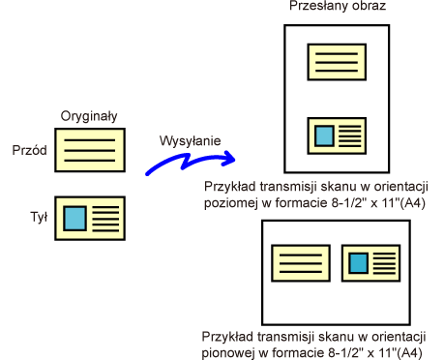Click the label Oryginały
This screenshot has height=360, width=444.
[89, 116]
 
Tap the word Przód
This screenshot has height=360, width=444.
[29, 150]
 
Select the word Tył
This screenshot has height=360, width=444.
[39, 217]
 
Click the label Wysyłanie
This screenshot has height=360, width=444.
[191, 141]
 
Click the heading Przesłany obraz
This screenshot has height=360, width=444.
[338, 6]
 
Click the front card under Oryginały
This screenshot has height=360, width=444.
[90, 150]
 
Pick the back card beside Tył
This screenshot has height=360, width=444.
[90, 219]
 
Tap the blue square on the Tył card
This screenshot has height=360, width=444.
[74, 219]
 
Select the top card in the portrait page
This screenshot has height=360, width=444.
[337, 62]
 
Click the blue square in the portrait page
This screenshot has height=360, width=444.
[324, 136]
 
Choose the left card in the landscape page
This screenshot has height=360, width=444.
[301, 263]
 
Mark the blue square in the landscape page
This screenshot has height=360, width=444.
[359, 263]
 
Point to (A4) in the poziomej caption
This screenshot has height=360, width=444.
[412, 203]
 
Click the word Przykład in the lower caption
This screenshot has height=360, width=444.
[227, 337]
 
